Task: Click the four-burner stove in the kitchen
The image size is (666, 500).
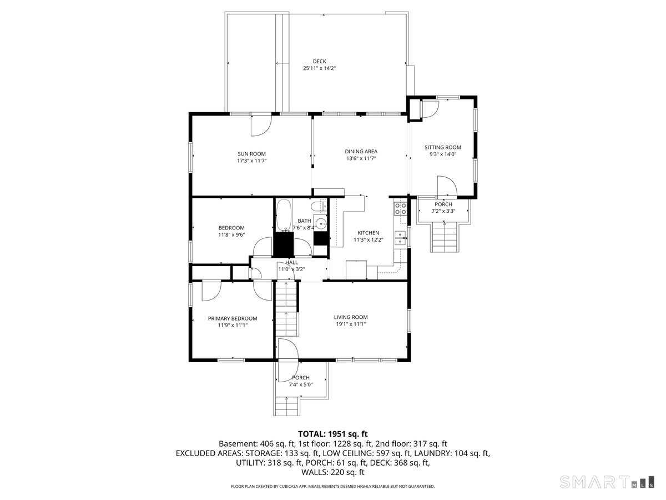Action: click(400, 209)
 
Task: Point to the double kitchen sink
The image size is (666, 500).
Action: click(400, 238)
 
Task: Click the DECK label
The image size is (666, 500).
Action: click(319, 61)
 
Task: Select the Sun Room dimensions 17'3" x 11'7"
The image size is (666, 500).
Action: click(251, 161)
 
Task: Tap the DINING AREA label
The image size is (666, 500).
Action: click(361, 151)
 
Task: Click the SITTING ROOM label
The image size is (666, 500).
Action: click(443, 147)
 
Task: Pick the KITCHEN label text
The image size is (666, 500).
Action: click(368, 233)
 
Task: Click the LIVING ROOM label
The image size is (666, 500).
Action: click(351, 317)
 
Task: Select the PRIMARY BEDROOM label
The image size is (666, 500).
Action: click(233, 318)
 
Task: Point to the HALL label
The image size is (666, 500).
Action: click(291, 262)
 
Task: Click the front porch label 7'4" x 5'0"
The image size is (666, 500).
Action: click(301, 384)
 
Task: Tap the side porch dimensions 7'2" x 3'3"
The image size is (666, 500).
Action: click(443, 211)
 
